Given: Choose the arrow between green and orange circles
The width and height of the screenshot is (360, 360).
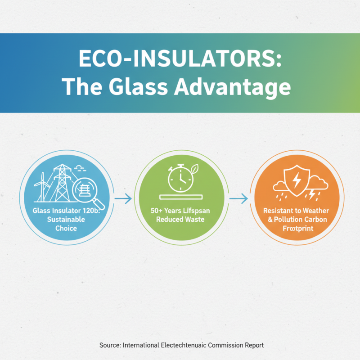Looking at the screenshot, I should click(238, 198).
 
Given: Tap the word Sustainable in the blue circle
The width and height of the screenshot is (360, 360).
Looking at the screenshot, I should click(60, 220).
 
